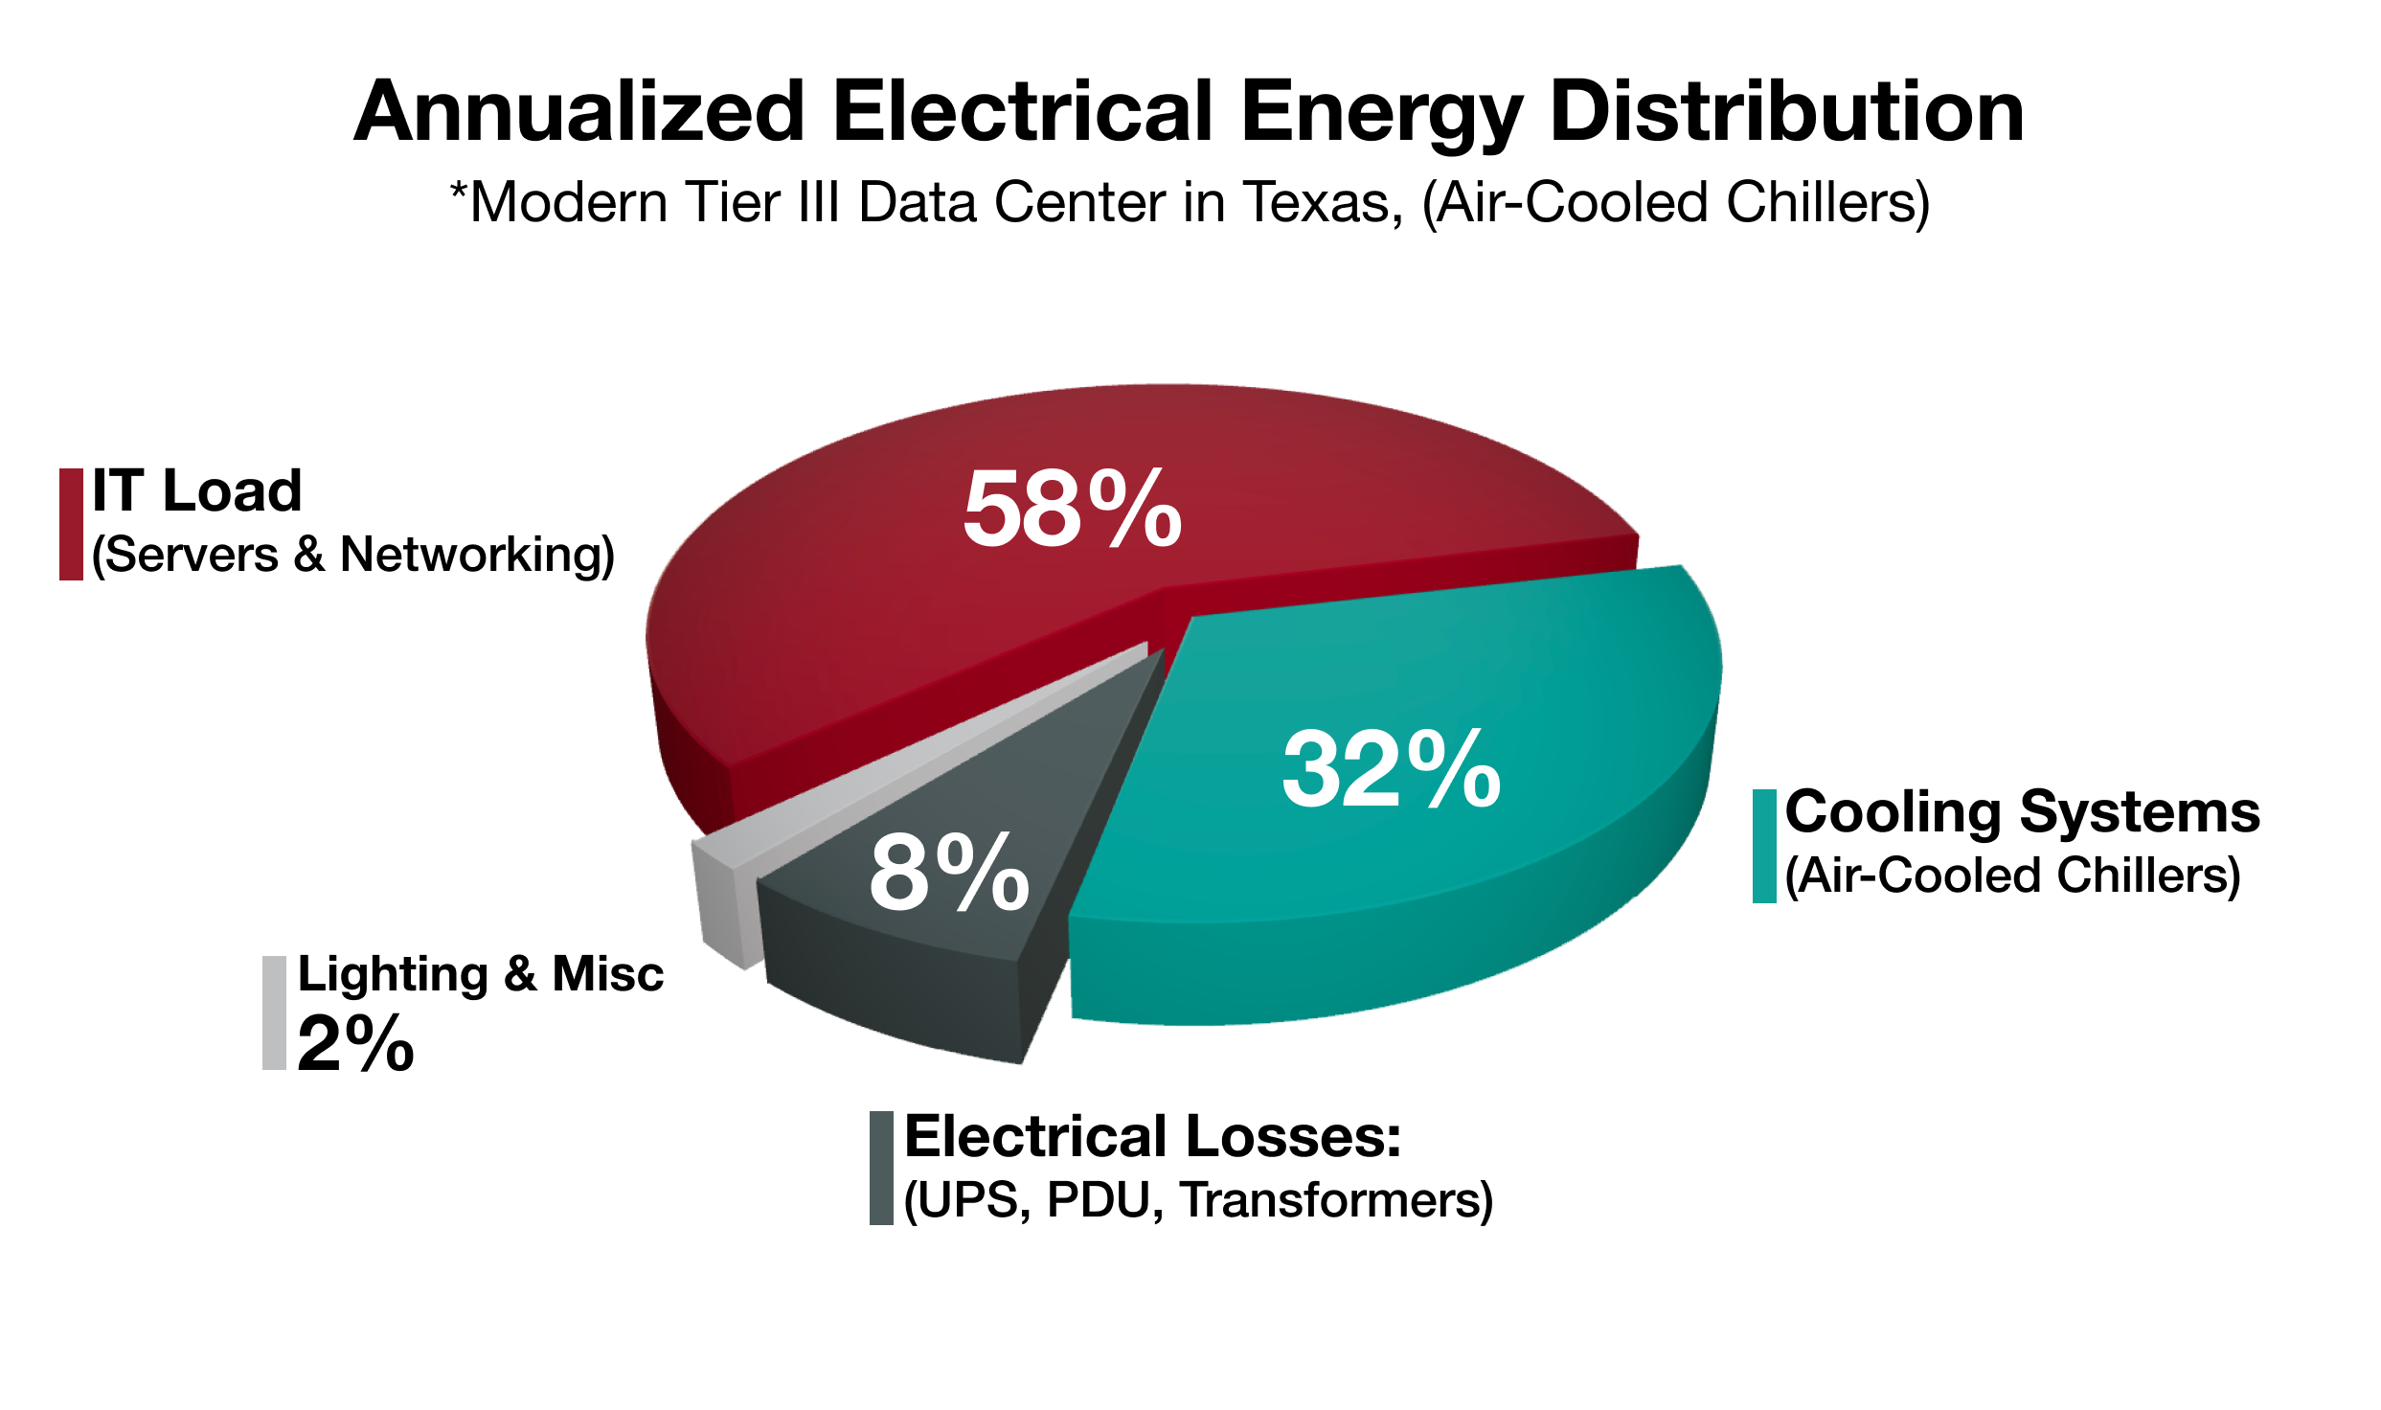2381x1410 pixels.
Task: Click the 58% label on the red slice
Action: tap(1073, 510)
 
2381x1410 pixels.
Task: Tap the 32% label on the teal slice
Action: tap(1392, 769)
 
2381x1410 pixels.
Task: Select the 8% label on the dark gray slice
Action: tap(949, 873)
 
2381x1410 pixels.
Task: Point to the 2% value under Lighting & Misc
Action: tap(355, 1043)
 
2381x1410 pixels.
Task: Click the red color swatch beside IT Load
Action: tap(71, 524)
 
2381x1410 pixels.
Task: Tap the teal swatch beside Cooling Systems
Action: tap(1764, 846)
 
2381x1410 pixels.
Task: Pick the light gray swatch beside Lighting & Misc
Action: tap(274, 1012)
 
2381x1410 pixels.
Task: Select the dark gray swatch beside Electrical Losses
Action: tap(881, 1168)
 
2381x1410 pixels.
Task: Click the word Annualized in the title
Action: tap(579, 113)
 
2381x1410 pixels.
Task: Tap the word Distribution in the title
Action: tap(1786, 113)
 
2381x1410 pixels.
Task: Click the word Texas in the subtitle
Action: tap(1323, 203)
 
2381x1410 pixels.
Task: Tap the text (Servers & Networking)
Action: tap(353, 555)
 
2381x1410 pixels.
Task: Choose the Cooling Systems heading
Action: tap(2022, 812)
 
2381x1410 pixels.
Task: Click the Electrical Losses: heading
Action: tap(1152, 1137)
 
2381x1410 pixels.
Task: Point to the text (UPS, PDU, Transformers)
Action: tap(1198, 1200)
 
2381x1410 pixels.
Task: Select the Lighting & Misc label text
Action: tap(480, 974)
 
